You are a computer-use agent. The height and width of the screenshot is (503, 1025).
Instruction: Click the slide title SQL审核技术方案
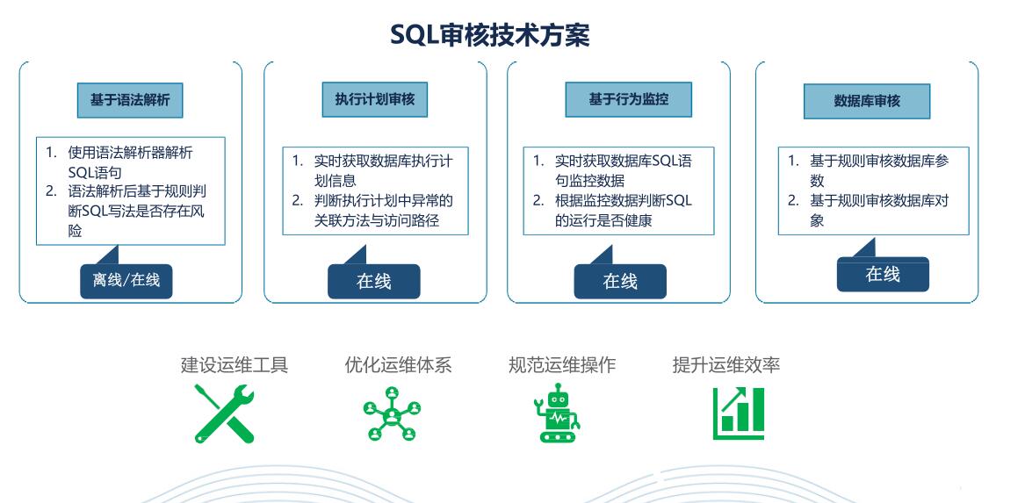[489, 34]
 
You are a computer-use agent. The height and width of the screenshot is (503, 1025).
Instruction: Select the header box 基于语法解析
[130, 101]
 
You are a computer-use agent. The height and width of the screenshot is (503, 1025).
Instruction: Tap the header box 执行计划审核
[374, 99]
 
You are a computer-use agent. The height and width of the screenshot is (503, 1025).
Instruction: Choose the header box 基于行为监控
[628, 99]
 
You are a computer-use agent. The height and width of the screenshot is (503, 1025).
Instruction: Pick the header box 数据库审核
[867, 101]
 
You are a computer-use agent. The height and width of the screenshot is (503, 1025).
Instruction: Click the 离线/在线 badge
[126, 281]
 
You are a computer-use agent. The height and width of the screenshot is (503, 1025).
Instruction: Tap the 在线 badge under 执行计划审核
[374, 281]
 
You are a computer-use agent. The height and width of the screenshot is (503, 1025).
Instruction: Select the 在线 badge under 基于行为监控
[620, 281]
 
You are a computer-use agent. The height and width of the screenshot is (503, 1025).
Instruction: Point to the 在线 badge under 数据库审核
[883, 275]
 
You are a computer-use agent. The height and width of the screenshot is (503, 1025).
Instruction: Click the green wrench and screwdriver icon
[224, 413]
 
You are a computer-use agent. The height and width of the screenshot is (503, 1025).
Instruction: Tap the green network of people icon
[393, 413]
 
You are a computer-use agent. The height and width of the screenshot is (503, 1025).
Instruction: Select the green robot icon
[557, 413]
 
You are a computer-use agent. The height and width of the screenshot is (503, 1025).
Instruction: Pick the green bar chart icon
[739, 413]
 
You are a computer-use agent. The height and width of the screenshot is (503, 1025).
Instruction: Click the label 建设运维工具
[234, 364]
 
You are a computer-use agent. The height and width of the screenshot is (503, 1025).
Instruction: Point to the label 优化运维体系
[398, 364]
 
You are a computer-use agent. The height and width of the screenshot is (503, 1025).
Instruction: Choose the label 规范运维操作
[562, 364]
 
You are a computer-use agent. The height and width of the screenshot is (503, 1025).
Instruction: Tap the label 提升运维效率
[726, 364]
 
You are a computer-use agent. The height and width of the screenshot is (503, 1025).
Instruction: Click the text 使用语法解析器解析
[131, 153]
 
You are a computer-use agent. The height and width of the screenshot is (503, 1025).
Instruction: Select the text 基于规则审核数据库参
[879, 161]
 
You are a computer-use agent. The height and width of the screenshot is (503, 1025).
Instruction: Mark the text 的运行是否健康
[603, 221]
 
